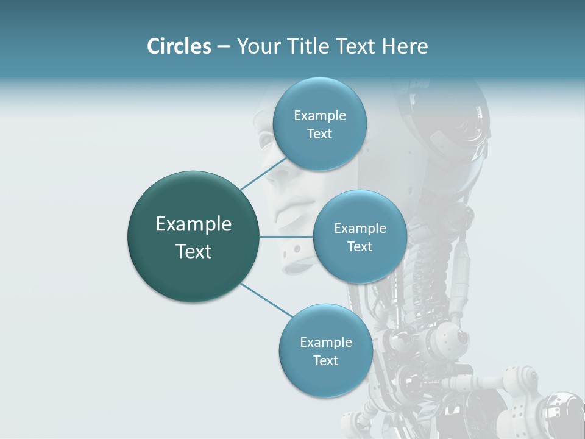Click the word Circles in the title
click(179, 46)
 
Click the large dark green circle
click(194, 237)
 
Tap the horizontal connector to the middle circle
click(286, 237)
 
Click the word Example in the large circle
click(194, 224)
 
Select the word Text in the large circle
click(194, 251)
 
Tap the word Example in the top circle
click(319, 116)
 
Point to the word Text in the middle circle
click(360, 247)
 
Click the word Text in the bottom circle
click(325, 361)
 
